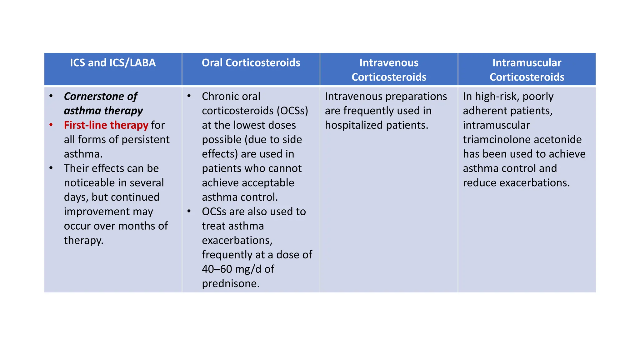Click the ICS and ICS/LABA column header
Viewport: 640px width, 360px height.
(113, 63)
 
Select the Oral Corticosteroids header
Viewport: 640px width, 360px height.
(251, 63)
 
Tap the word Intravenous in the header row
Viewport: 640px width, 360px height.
(389, 63)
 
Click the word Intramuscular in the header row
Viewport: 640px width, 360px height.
(527, 63)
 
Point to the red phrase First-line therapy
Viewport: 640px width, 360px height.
(106, 125)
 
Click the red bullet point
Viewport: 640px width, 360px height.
(51, 125)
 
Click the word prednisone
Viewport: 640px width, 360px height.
(230, 283)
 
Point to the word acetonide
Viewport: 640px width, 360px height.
(557, 139)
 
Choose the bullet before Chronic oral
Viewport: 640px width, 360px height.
(189, 96)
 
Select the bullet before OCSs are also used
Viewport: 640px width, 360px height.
(189, 211)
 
